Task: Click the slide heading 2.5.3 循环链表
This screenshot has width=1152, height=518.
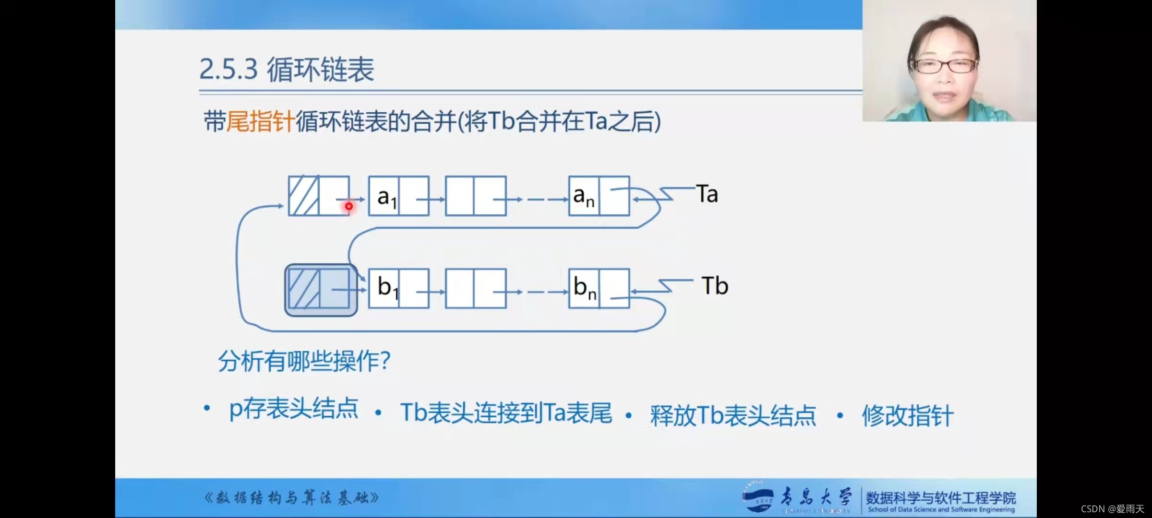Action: (x=287, y=70)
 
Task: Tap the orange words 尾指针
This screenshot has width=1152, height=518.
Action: (x=260, y=121)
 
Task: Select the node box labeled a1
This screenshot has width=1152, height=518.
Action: (x=398, y=196)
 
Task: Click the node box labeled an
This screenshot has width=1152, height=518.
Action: (x=599, y=196)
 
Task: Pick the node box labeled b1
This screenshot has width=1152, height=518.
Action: (x=398, y=288)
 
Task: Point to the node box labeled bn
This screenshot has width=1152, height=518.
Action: (x=599, y=288)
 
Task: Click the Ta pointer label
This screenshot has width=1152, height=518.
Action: (x=707, y=194)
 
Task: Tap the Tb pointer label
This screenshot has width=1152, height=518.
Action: (x=715, y=286)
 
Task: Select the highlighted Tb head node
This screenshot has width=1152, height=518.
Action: (x=321, y=290)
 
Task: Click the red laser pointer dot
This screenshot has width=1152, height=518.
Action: (x=349, y=206)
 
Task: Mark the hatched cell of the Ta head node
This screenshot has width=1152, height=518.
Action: (x=303, y=196)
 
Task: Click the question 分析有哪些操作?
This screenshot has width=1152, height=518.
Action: (x=304, y=361)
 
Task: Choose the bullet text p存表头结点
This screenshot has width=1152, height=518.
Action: (x=294, y=409)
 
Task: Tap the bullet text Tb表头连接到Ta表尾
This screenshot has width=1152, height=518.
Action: (x=506, y=413)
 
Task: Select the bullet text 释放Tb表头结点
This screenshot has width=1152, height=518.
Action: (x=732, y=415)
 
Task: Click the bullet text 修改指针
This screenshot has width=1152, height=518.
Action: (x=907, y=415)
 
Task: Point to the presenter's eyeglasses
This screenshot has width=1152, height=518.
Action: (x=943, y=66)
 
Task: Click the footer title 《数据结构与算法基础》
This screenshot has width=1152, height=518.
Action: (x=291, y=498)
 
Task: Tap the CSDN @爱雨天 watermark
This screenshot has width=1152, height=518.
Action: (x=1112, y=509)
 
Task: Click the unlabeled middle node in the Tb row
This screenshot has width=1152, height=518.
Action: (x=476, y=288)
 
